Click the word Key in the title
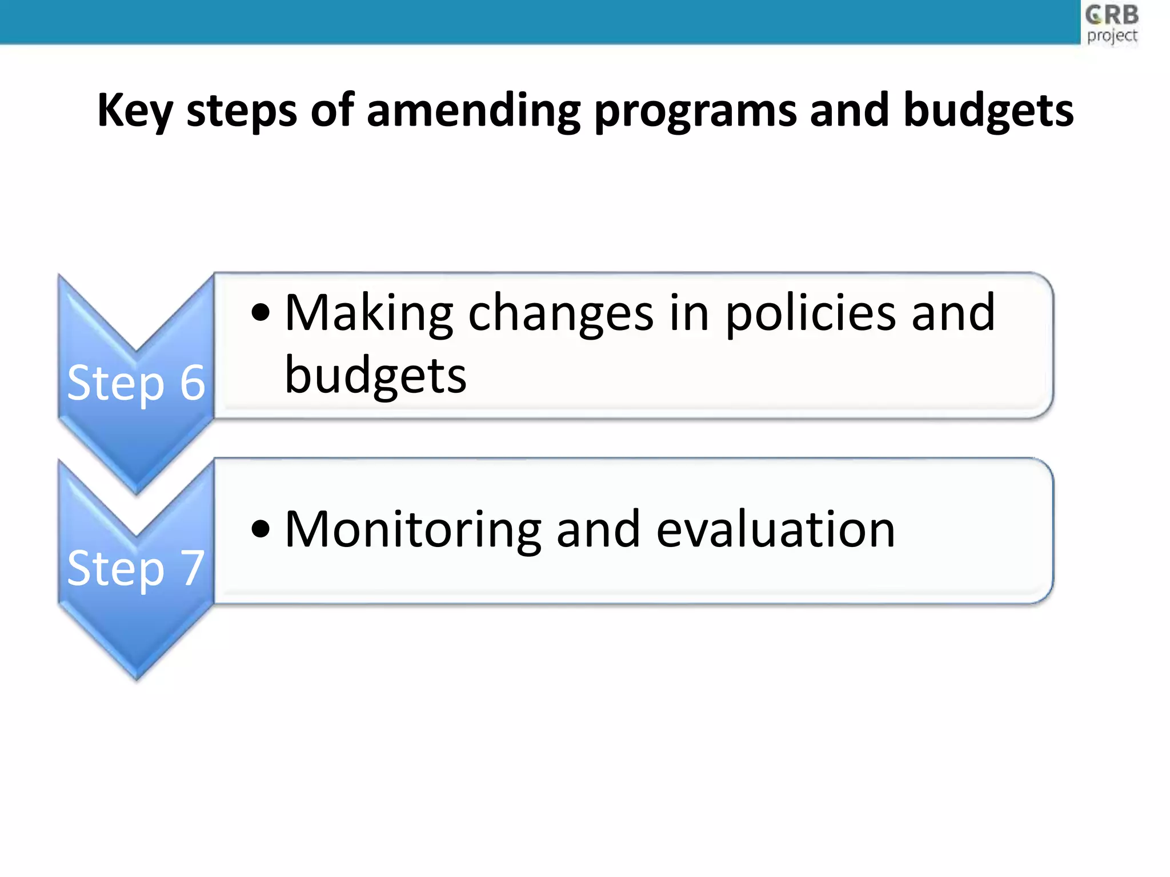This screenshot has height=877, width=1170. click(134, 110)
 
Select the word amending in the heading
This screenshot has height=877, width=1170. click(474, 110)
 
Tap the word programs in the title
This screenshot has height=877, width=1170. click(695, 110)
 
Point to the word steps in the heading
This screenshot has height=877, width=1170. click(242, 110)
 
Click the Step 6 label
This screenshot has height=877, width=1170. click(136, 383)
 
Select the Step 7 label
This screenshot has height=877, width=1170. click(136, 568)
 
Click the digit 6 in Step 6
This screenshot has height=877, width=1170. click(193, 383)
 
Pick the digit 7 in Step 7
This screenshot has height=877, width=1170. click(193, 568)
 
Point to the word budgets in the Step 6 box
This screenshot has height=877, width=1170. click(375, 376)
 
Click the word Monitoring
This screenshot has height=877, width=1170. click(412, 530)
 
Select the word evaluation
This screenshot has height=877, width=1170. click(775, 530)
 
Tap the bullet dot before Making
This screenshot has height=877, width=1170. click(261, 313)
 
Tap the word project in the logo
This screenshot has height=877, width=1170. click(1112, 36)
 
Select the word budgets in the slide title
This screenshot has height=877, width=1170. click(988, 110)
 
